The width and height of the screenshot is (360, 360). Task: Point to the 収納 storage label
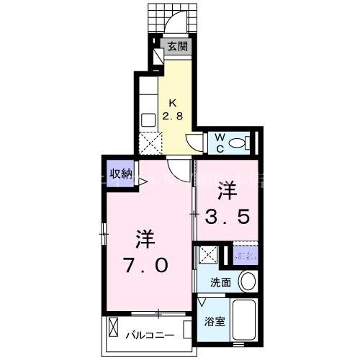(x=121, y=173)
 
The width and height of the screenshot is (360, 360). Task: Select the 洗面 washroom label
(x=221, y=282)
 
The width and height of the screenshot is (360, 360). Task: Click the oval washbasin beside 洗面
(x=248, y=281)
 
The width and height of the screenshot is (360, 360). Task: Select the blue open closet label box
(x=246, y=255)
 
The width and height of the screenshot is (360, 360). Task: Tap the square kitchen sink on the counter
(x=149, y=119)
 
